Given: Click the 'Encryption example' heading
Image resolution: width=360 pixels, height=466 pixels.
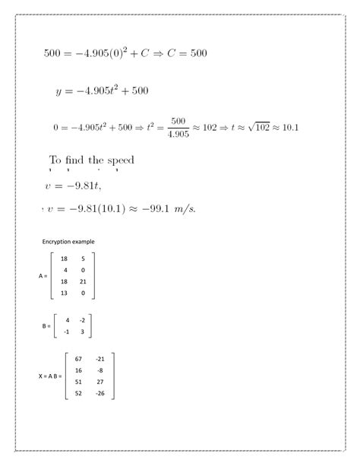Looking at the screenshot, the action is point(68,242).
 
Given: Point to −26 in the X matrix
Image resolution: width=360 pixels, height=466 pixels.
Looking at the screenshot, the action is point(100,393).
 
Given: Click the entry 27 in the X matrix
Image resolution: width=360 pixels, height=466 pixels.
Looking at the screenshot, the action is point(101,382).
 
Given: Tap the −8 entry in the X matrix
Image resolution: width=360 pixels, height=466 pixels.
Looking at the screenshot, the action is point(100,370).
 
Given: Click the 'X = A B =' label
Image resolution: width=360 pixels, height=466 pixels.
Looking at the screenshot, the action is point(49,376).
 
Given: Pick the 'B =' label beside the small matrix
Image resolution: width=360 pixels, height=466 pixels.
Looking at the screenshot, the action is point(46,326).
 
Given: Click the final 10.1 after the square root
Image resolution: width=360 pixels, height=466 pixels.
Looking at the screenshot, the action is point(288,127).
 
